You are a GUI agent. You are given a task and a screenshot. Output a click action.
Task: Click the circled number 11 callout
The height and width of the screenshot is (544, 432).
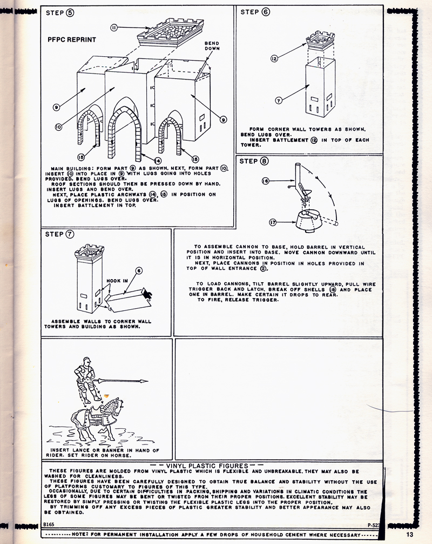click(x=114, y=27)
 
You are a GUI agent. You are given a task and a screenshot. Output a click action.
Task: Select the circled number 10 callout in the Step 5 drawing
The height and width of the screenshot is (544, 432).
click(x=58, y=127)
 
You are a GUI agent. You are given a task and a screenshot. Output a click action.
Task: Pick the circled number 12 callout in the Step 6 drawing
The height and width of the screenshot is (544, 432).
click(x=274, y=58)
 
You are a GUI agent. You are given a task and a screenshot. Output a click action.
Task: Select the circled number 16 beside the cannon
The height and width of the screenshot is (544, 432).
click(x=265, y=182)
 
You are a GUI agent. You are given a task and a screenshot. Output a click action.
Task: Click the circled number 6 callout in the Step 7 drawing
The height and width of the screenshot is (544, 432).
click(x=139, y=271)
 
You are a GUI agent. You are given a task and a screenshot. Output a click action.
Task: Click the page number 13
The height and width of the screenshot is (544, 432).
click(x=409, y=534)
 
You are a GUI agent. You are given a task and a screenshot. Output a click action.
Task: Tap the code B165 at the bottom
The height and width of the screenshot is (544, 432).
click(x=50, y=525)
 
